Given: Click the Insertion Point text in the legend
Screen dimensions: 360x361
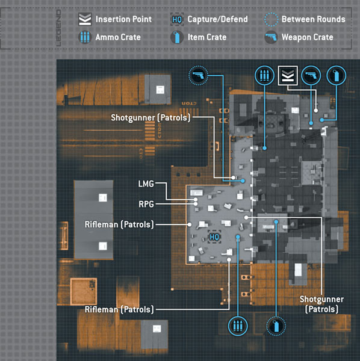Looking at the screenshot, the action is pyautogui.click(x=123, y=19).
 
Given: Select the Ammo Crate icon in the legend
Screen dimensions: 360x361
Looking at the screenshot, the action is pyautogui.click(x=85, y=37).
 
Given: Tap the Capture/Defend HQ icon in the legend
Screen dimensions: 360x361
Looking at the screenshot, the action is pyautogui.click(x=177, y=19).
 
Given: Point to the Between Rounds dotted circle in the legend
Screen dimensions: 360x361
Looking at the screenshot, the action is pyautogui.click(x=271, y=19).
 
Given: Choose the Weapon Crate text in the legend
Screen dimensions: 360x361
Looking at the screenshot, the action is pyautogui.click(x=308, y=37).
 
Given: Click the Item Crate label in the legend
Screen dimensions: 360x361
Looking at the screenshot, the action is pyautogui.click(x=207, y=37).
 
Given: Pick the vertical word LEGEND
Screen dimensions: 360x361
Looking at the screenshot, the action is pyautogui.click(x=59, y=28).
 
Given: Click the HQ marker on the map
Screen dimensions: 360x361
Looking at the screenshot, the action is pyautogui.click(x=214, y=237).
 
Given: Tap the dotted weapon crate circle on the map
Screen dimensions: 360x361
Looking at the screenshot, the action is pyautogui.click(x=198, y=75).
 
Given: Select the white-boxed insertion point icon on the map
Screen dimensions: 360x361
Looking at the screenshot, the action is pyautogui.click(x=288, y=76).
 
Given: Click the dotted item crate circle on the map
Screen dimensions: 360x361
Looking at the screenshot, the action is pyautogui.click(x=276, y=326).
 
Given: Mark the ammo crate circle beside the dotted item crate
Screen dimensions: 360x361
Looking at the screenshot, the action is pyautogui.click(x=238, y=326).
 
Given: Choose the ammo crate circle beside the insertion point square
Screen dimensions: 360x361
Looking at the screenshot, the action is pyautogui.click(x=264, y=76).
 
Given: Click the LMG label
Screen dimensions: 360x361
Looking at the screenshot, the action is pyautogui.click(x=146, y=184).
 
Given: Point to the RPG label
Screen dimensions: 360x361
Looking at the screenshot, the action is pyautogui.click(x=146, y=204).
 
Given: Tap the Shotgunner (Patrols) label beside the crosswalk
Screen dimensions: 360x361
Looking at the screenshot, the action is pyautogui.click(x=151, y=118).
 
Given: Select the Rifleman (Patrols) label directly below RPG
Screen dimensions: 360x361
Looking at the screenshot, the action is pyautogui.click(x=119, y=224).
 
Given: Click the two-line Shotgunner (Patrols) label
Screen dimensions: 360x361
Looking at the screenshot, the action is pyautogui.click(x=321, y=304).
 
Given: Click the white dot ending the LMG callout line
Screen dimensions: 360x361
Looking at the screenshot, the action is pyautogui.click(x=196, y=199).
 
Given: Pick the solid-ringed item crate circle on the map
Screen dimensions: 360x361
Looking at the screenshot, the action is pyautogui.click(x=337, y=76).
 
